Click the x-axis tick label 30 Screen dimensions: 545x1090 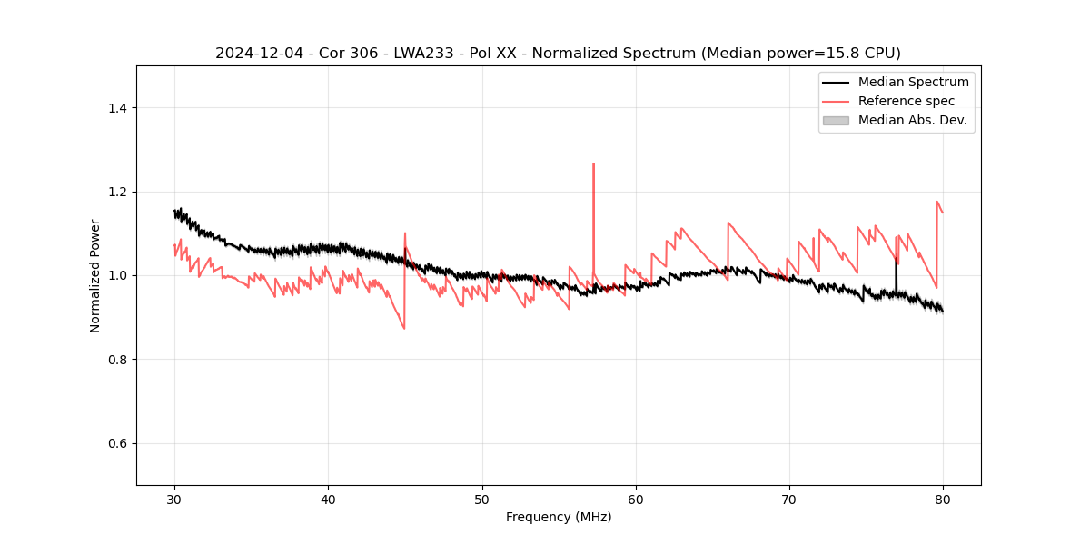[174, 500]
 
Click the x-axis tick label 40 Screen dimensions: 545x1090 [328, 500]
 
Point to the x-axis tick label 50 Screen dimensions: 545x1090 [482, 500]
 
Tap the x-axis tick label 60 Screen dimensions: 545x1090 [636, 500]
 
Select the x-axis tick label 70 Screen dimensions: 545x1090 [789, 500]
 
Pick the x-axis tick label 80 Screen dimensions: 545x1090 [943, 500]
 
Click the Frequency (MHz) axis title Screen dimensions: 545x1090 [559, 518]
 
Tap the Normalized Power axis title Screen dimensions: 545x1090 [95, 275]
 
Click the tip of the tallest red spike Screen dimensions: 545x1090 [593, 164]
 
